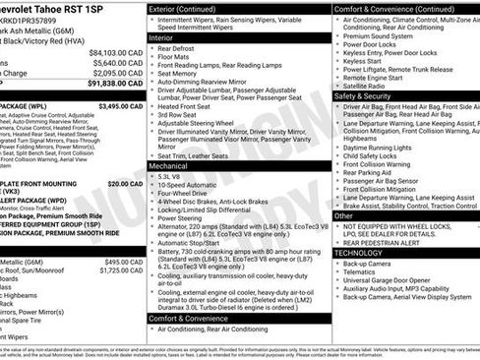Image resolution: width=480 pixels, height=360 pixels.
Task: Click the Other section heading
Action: (344, 214)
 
